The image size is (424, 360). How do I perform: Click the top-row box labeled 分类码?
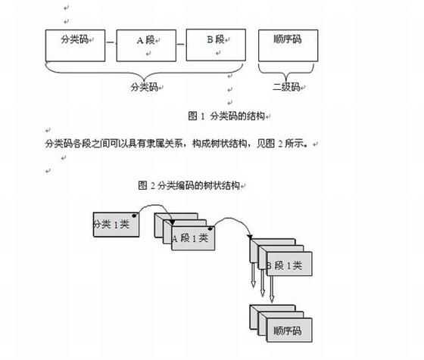(x=75, y=45)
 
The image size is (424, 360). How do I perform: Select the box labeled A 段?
(x=146, y=45)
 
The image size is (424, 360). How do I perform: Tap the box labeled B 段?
(x=216, y=45)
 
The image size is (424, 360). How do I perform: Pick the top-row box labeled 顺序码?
(x=288, y=45)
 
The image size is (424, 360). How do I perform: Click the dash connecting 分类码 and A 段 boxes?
(x=111, y=42)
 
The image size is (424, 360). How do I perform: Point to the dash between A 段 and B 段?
(x=181, y=45)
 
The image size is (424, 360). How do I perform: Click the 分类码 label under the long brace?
(x=144, y=87)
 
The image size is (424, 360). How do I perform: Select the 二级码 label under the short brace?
(x=286, y=87)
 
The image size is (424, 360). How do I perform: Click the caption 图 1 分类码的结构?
(x=226, y=116)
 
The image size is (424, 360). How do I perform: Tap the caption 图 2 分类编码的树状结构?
(x=189, y=185)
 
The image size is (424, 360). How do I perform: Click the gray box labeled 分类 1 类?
(x=116, y=225)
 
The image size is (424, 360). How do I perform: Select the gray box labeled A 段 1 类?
(x=193, y=238)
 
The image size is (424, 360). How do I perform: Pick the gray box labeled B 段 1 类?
(x=289, y=264)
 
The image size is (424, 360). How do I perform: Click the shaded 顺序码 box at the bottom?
(x=289, y=330)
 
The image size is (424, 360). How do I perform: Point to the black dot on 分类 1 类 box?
(x=134, y=216)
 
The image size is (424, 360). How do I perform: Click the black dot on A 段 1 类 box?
(x=210, y=229)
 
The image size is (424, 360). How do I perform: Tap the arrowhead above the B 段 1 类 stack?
(x=250, y=237)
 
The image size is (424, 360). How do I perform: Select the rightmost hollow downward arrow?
(x=272, y=289)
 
